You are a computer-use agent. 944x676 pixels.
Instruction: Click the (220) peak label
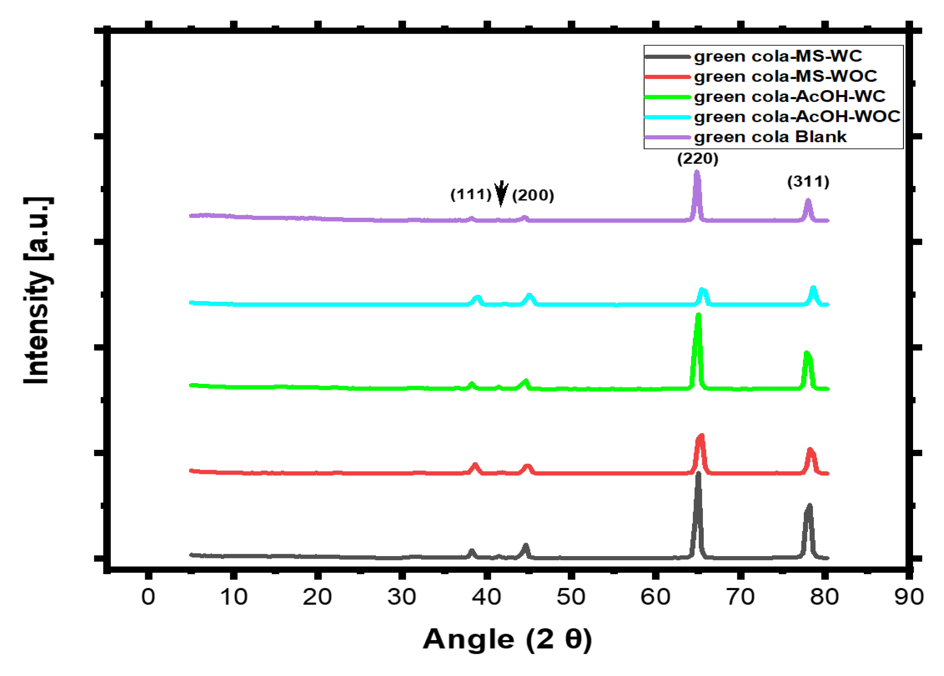pyautogui.click(x=698, y=158)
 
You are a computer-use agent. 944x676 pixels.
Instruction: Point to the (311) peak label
pyautogui.click(x=808, y=181)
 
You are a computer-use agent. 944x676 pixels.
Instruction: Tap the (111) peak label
pyautogui.click(x=471, y=194)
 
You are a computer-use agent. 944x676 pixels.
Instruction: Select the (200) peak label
pyautogui.click(x=533, y=196)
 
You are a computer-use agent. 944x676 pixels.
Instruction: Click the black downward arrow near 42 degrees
pyautogui.click(x=501, y=193)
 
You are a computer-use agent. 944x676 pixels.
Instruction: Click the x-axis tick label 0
pyautogui.click(x=148, y=597)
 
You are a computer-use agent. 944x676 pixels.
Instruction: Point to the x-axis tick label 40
pyautogui.click(x=486, y=597)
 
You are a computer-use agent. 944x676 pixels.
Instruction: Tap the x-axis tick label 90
pyautogui.click(x=909, y=597)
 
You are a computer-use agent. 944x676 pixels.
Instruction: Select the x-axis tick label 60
pyautogui.click(x=655, y=597)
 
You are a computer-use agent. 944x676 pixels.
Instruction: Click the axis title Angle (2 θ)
pyautogui.click(x=507, y=639)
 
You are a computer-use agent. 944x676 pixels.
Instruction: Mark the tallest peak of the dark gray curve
pyautogui.click(x=698, y=474)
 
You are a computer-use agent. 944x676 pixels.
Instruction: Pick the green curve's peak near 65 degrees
pyautogui.click(x=698, y=315)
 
